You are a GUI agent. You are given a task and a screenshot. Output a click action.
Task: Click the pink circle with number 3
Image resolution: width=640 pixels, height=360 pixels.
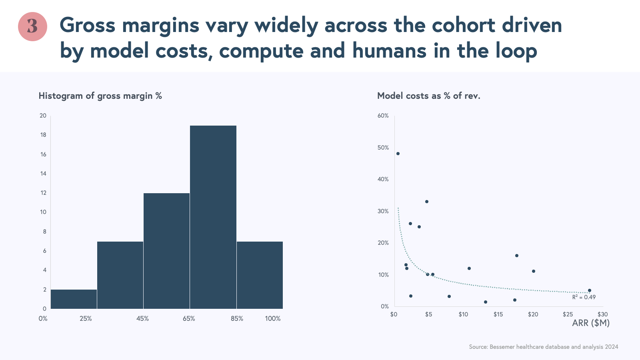pyautogui.click(x=32, y=26)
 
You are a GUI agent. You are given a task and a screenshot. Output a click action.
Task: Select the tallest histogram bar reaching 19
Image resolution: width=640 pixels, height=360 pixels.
pyautogui.click(x=213, y=217)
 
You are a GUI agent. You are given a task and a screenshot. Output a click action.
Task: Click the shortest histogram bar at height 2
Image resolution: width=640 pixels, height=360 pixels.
pyautogui.click(x=74, y=299)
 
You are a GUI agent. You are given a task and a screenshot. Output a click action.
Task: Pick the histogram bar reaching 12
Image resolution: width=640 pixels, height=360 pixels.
pyautogui.click(x=166, y=251)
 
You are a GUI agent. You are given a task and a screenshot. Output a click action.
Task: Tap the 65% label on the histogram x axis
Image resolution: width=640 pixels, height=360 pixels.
pyautogui.click(x=189, y=319)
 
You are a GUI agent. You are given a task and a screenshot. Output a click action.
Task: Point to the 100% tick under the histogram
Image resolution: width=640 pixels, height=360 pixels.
pyautogui.click(x=273, y=319)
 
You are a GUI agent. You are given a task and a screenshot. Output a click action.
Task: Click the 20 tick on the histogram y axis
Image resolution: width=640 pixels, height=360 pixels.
pyautogui.click(x=43, y=116)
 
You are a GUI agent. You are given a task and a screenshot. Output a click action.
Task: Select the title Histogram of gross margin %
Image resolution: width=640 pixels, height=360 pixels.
pyautogui.click(x=100, y=96)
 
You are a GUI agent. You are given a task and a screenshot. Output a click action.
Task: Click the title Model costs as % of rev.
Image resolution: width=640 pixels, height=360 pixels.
pyautogui.click(x=428, y=96)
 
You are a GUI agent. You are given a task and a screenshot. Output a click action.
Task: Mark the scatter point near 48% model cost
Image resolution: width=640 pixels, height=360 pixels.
pyautogui.click(x=398, y=154)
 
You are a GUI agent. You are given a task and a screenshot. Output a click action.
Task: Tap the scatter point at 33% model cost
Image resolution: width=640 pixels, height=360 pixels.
pyautogui.click(x=427, y=202)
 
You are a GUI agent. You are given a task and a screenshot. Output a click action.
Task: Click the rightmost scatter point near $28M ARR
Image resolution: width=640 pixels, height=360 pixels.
pyautogui.click(x=590, y=290)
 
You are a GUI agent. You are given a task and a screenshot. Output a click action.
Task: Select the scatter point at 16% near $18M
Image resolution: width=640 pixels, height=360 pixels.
pyautogui.click(x=516, y=256)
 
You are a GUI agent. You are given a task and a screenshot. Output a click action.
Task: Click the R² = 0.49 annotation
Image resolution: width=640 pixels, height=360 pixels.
pyautogui.click(x=584, y=297)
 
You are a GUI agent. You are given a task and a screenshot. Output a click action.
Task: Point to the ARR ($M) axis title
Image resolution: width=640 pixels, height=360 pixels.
pyautogui.click(x=591, y=323)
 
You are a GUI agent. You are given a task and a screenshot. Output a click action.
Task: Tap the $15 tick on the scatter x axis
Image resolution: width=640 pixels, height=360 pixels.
pyautogui.click(x=498, y=314)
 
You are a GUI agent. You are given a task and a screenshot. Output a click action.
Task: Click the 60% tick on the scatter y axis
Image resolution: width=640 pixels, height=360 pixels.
pyautogui.click(x=383, y=116)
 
